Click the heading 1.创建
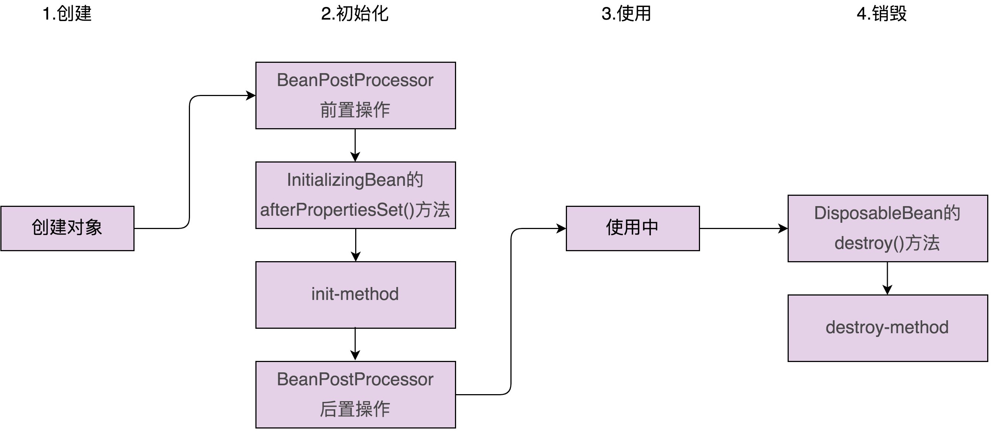[67, 14]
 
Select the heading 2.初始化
[355, 14]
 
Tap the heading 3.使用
[626, 14]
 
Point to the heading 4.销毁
[881, 14]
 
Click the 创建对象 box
[67, 228]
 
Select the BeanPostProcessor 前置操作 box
[356, 95]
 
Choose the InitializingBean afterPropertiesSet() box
[356, 195]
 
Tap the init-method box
[356, 294]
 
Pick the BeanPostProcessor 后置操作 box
[356, 394]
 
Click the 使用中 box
[632, 228]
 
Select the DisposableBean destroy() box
[887, 228]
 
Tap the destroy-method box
[887, 328]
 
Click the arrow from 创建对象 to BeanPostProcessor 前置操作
[190, 162]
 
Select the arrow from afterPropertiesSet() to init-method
[356, 245]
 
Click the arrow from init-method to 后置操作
[355, 344]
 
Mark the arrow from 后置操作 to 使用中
[511, 312]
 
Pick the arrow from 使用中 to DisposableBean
[743, 228]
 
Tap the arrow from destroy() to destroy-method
[887, 278]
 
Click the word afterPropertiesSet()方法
[355, 210]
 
